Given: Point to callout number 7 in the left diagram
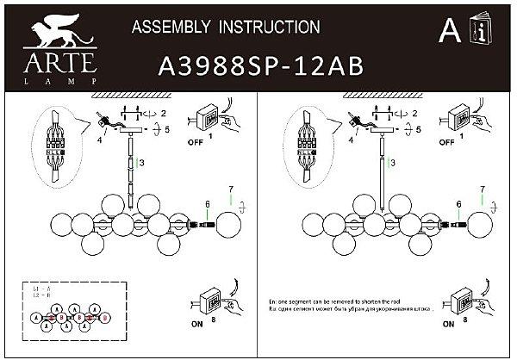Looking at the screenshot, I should [x=230, y=189].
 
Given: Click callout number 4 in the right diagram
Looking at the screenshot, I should [x=352, y=138].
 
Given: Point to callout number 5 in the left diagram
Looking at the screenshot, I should [x=167, y=129].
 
